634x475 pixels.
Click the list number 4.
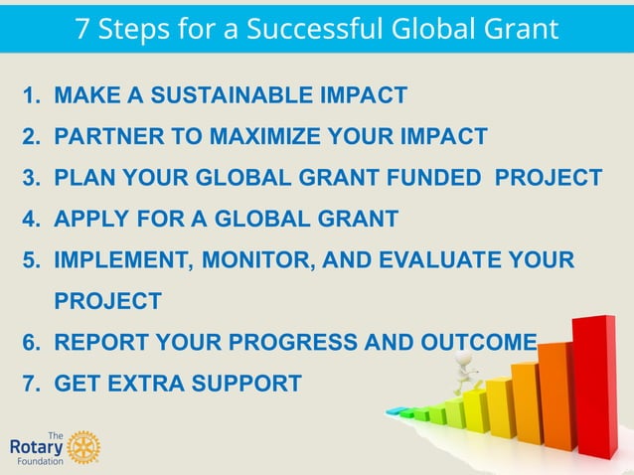(x=32, y=220)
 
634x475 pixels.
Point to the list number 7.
(x=32, y=383)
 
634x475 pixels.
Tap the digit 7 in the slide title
(x=83, y=28)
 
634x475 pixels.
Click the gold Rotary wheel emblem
(x=84, y=448)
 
